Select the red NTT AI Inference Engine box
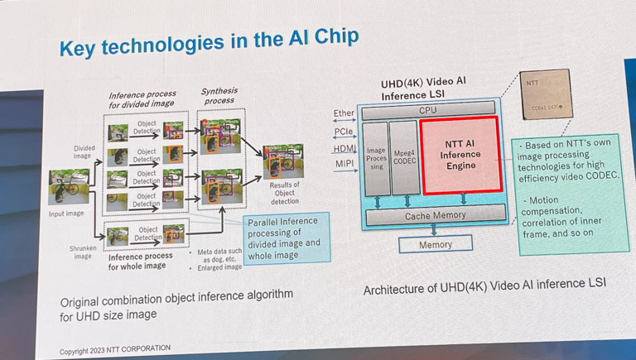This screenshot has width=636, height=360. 460,155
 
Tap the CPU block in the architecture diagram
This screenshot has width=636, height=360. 427,110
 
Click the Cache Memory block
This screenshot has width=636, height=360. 435,215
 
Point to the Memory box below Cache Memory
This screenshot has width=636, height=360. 435,244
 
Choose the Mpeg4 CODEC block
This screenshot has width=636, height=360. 404,158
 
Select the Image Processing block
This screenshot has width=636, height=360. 376,158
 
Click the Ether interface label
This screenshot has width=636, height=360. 344,113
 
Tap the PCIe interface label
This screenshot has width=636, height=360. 344,131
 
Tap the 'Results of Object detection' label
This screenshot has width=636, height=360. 285,193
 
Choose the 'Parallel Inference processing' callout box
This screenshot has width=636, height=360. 283,237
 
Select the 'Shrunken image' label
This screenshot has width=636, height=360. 83,252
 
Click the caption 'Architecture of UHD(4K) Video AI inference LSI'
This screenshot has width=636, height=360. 484,284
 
